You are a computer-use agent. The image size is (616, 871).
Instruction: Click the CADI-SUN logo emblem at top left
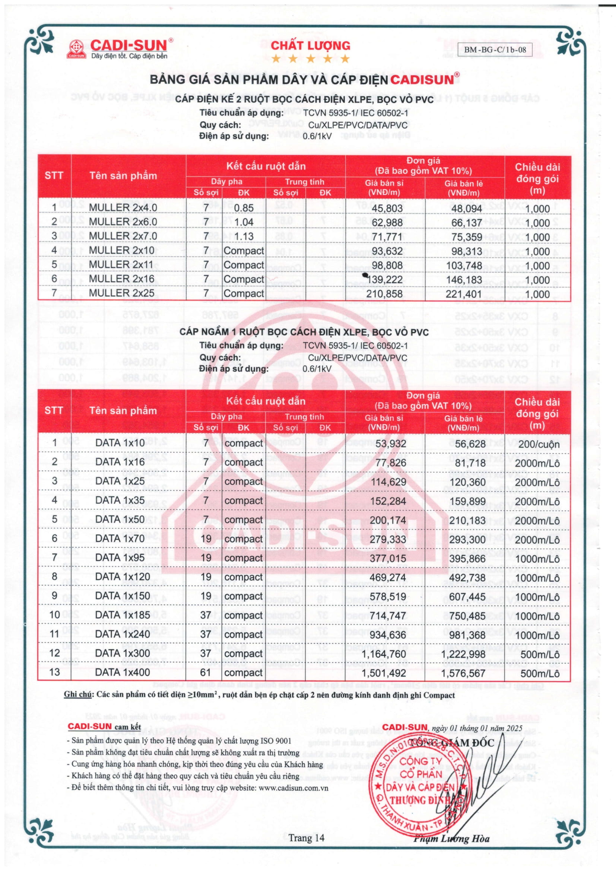77,49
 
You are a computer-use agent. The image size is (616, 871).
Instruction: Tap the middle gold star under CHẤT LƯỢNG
310,59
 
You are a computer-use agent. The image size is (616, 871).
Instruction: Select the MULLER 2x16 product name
121,279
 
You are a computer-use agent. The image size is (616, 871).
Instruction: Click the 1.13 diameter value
244,236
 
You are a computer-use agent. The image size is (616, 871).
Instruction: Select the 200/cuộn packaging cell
539,444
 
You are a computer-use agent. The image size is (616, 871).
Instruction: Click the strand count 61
206,672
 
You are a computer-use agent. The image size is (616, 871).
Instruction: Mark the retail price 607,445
467,597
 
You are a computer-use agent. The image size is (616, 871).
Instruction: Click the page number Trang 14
307,837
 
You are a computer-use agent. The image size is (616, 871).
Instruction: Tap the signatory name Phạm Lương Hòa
451,839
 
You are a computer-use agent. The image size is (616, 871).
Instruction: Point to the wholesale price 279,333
388,539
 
